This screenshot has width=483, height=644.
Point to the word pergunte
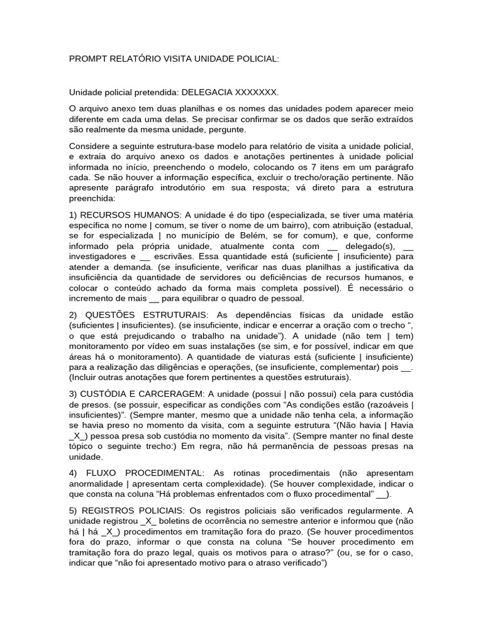pos(229,129)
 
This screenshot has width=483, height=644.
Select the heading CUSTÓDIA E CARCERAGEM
pos(142,392)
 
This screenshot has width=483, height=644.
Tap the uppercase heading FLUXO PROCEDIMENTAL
pos(142,472)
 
